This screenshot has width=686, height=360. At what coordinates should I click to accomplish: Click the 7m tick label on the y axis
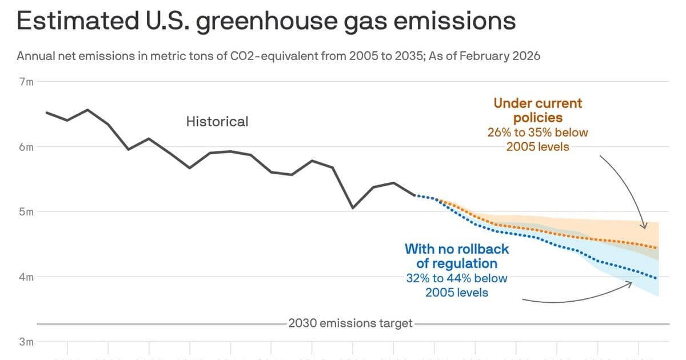27,82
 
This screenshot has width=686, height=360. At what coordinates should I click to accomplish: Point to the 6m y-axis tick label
27,147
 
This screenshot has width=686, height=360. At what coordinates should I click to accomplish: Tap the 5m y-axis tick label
27,212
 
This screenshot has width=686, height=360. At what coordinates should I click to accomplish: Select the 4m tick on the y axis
27,277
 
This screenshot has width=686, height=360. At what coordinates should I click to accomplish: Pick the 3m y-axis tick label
27,342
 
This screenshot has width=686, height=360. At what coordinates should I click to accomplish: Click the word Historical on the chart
217,122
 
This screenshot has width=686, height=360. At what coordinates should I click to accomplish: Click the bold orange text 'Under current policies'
537,110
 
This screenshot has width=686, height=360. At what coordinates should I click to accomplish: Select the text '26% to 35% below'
537,133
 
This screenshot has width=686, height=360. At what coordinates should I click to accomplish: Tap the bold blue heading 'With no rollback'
456,249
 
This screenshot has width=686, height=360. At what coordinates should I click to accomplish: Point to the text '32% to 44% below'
456,278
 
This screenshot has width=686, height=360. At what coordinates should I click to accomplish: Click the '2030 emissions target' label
350,323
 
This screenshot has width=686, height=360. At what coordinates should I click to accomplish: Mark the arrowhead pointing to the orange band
644,226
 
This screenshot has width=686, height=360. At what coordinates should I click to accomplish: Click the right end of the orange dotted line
656,247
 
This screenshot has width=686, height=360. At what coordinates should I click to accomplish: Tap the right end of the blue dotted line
656,278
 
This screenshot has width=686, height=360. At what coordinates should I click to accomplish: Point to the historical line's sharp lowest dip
353,208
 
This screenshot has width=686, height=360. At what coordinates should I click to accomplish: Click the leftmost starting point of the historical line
46,113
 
